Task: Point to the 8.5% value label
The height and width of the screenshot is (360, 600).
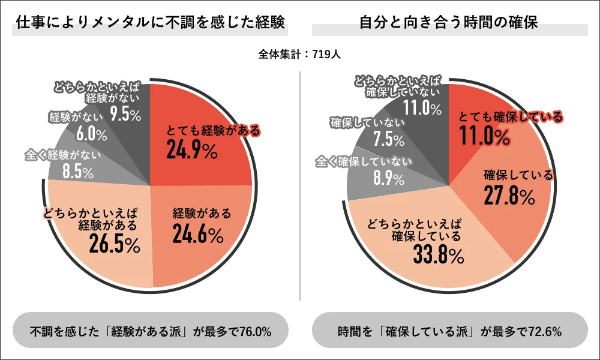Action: [77, 173]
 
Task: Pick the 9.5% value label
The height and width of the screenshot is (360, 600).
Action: [125, 113]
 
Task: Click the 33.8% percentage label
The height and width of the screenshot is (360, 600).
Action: [438, 256]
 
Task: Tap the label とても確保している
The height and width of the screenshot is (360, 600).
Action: [511, 116]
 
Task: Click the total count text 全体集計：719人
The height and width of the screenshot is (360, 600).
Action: [300, 55]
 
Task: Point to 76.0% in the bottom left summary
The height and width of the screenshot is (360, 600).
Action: [251, 331]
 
